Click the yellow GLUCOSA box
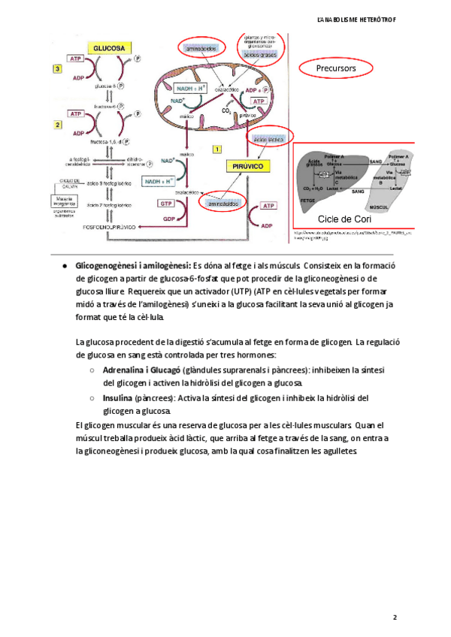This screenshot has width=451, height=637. pos(108,47)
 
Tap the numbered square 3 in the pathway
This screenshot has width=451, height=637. pos(57,69)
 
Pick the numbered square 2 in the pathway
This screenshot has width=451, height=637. pos(57,123)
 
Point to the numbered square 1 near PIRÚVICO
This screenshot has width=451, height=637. pos(218,150)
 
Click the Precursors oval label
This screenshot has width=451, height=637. pos(337,68)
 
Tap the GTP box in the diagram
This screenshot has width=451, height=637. pos(166,204)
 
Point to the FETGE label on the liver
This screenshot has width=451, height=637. pos(308,201)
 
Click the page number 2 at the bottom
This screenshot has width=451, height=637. pos(395,617)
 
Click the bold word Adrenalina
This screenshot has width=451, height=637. pos(125,370)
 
